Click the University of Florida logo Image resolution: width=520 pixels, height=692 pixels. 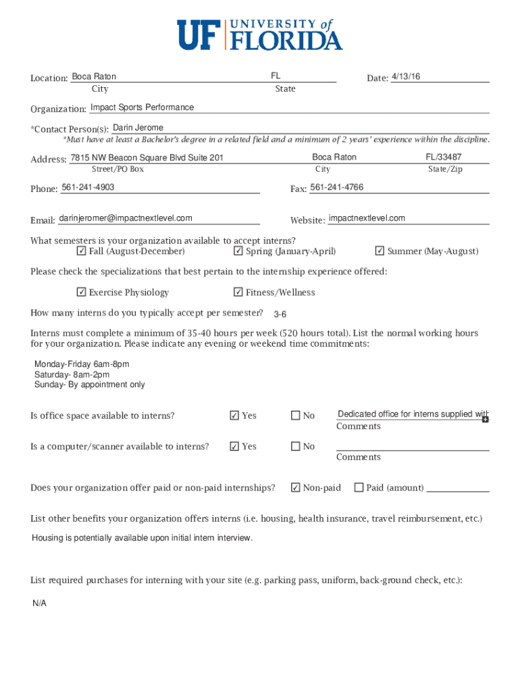pyautogui.click(x=260, y=34)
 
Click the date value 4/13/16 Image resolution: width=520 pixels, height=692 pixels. pyautogui.click(x=405, y=77)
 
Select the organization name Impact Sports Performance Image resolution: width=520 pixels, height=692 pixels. pyautogui.click(x=142, y=107)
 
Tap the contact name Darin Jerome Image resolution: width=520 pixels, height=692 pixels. pyautogui.click(x=138, y=128)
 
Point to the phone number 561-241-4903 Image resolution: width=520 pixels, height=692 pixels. pyautogui.click(x=88, y=187)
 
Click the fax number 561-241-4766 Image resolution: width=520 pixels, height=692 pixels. pyautogui.click(x=336, y=187)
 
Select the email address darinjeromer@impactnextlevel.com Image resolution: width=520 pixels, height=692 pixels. pyautogui.click(x=126, y=218)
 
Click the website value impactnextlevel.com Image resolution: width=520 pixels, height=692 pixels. pyautogui.click(x=367, y=218)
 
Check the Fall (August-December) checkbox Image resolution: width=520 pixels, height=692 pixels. pyautogui.click(x=81, y=251)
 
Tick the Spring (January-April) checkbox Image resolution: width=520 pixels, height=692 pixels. pyautogui.click(x=238, y=251)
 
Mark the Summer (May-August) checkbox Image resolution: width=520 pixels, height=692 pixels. pyautogui.click(x=380, y=251)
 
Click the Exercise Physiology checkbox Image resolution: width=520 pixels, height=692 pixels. pyautogui.click(x=81, y=293)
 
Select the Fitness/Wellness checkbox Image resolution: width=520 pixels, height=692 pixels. pyautogui.click(x=238, y=293)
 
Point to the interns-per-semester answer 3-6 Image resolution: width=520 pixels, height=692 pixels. pyautogui.click(x=280, y=315)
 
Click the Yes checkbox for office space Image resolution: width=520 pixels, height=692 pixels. pyautogui.click(x=234, y=416)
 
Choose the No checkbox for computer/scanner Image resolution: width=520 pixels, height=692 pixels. pyautogui.click(x=295, y=447)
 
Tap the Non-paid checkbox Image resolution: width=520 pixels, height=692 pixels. pyautogui.click(x=295, y=487)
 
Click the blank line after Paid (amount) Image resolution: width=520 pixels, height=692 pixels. pyautogui.click(x=458, y=489)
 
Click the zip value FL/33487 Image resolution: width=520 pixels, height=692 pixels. pyautogui.click(x=444, y=157)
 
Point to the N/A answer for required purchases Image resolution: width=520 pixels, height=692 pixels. pyautogui.click(x=39, y=603)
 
